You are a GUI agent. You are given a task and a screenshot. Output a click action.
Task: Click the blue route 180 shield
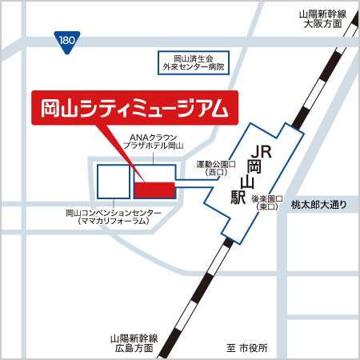[x=67, y=38]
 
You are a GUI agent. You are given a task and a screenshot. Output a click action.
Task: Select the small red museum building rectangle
[x=154, y=189]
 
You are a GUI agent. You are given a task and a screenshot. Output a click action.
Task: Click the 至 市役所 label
[x=247, y=348]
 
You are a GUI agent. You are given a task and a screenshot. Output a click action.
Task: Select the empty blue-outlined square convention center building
[x=114, y=181]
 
